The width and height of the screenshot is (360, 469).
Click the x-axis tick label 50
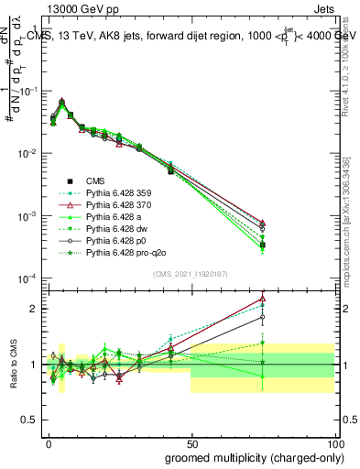[191, 442]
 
